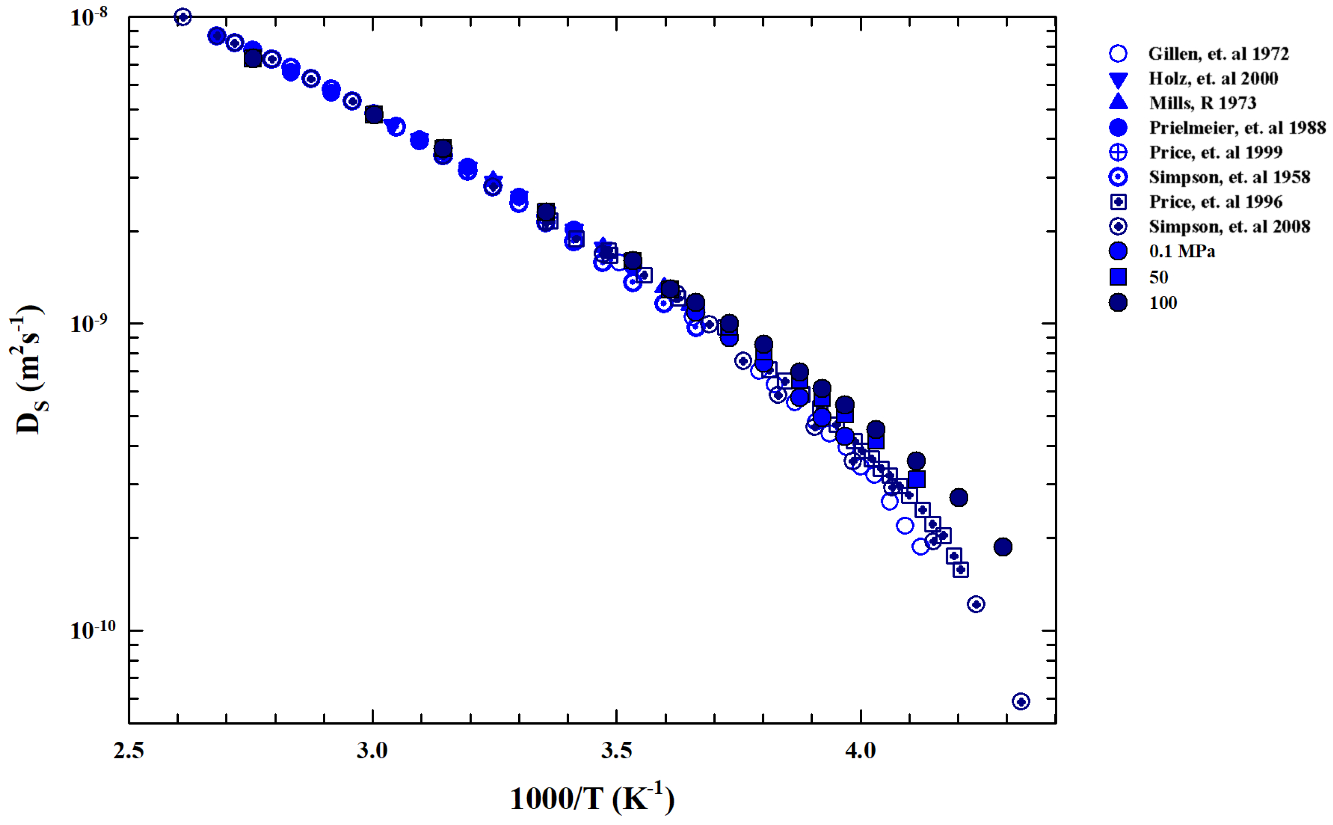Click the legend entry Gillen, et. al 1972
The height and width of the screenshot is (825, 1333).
(x=1218, y=54)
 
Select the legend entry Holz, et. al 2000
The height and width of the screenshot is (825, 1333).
(x=1213, y=78)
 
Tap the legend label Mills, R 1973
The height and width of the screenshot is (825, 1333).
(x=1202, y=103)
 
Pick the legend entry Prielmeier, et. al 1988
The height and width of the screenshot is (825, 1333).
(x=1237, y=128)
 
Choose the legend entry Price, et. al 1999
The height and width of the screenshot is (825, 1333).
(x=1215, y=152)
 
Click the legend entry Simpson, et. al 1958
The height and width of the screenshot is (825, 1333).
(x=1229, y=177)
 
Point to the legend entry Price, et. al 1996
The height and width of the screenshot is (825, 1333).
(x=1215, y=202)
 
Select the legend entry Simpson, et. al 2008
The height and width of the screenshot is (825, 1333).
(x=1229, y=226)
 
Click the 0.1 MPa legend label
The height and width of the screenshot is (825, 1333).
(x=1182, y=251)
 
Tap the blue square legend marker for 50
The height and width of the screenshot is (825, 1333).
(x=1118, y=277)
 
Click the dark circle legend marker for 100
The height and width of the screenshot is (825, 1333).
(x=1118, y=302)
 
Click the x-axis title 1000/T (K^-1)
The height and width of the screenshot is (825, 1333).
(x=592, y=798)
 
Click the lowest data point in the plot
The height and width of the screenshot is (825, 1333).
(x=1021, y=701)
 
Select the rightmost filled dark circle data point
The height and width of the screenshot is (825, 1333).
(x=1002, y=546)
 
